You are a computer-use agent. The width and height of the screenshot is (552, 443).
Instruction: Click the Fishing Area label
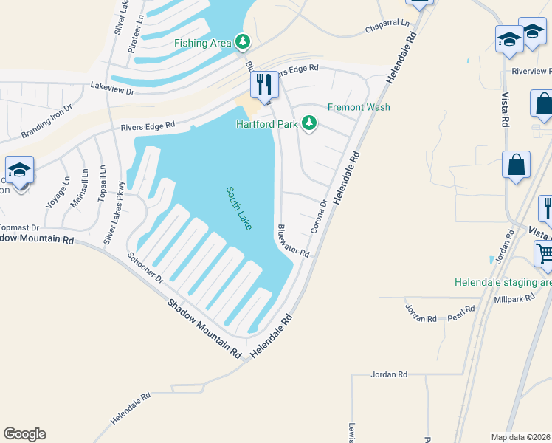203,43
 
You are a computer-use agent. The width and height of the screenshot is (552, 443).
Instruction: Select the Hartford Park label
266,123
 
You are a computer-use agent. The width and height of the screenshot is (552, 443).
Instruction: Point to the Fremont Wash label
359,107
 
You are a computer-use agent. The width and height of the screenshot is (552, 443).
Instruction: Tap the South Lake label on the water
239,207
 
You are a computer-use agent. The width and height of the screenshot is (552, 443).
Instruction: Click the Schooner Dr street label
145,268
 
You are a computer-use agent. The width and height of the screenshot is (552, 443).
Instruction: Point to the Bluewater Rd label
294,241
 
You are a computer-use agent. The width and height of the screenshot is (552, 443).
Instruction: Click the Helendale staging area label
503,282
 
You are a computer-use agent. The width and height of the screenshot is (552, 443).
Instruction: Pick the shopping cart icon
545,255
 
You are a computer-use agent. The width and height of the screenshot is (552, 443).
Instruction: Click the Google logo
24,434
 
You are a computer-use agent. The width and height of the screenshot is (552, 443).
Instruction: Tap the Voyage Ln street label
57,193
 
